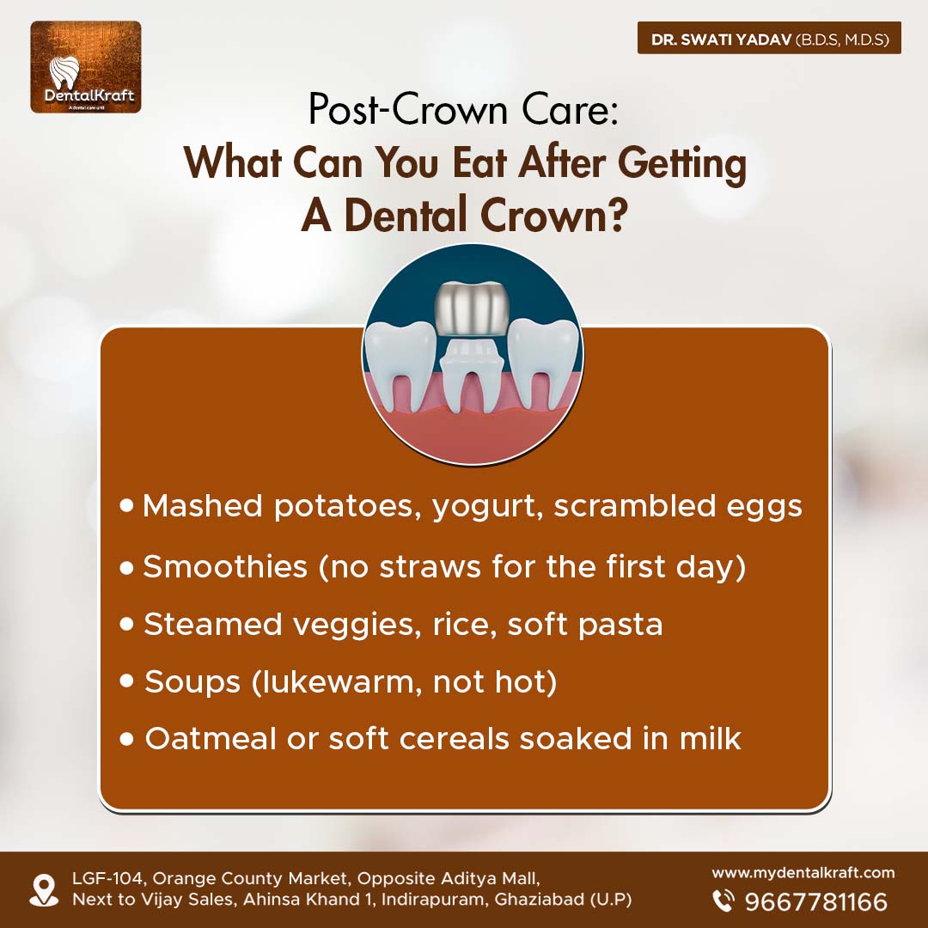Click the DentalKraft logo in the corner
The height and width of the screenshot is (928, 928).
pos(86,67)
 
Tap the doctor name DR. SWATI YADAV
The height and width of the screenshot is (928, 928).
pos(721,39)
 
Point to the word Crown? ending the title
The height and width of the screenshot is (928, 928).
pos(553,216)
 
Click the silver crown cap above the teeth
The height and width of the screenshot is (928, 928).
pos(473,309)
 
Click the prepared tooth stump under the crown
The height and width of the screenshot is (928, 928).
pos(473,375)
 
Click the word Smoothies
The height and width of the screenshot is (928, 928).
pos(225,565)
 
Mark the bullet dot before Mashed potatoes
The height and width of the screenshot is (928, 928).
pos(126,505)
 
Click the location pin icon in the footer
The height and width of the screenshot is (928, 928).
pos(44,891)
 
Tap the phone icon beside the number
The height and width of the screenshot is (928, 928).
pos(723,901)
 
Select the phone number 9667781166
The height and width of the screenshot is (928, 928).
pos(816,901)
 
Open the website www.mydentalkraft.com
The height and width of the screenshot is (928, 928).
pos(803,873)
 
